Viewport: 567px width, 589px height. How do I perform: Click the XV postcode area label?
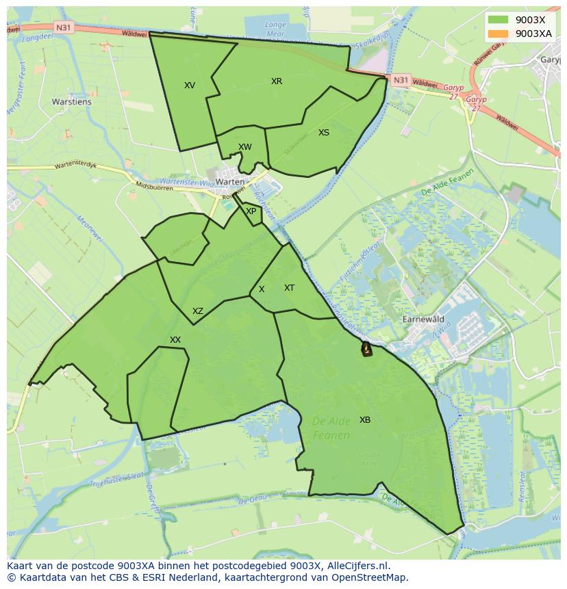(x=190, y=86)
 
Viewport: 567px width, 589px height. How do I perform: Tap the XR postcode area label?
(x=277, y=81)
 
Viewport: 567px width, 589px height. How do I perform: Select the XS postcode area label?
(x=324, y=133)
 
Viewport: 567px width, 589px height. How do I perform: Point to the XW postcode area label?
(x=245, y=147)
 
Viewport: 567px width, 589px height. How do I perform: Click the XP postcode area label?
(x=251, y=211)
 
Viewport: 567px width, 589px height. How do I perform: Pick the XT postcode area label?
(x=289, y=288)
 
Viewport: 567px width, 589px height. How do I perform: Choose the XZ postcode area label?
(x=198, y=311)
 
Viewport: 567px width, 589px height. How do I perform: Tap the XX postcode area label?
(x=175, y=340)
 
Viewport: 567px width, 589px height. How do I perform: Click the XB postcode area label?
(x=365, y=420)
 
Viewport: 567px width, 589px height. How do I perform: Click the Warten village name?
(x=230, y=182)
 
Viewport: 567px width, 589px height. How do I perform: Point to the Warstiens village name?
(x=72, y=103)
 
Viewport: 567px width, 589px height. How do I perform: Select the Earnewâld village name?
(x=423, y=319)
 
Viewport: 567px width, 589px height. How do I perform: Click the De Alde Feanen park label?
(x=331, y=428)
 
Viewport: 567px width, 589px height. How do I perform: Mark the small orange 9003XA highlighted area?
(x=366, y=350)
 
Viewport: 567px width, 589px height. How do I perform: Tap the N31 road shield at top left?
(x=63, y=27)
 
